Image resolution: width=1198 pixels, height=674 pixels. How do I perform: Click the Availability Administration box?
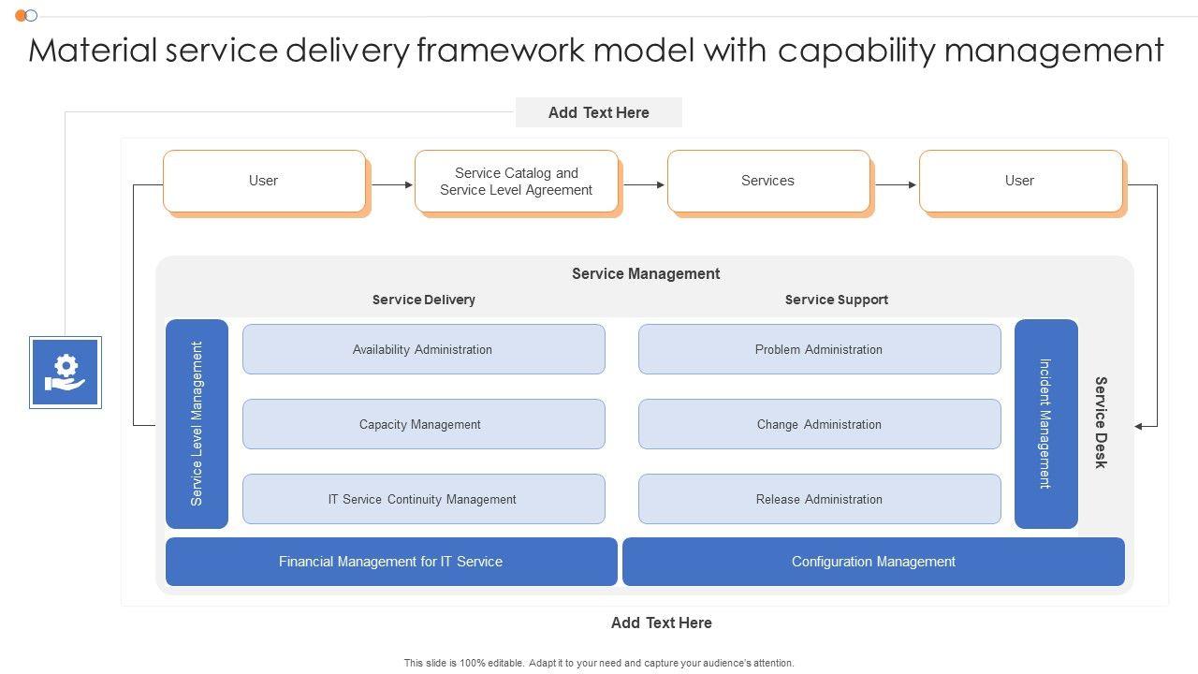pyautogui.click(x=423, y=349)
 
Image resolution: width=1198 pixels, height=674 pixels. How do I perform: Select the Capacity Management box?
pyautogui.click(x=423, y=424)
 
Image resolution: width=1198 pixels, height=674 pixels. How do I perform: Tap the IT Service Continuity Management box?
pyautogui.click(x=423, y=499)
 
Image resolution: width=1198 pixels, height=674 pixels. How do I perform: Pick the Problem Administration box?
pyautogui.click(x=819, y=349)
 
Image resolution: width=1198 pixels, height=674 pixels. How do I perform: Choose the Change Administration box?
pyautogui.click(x=819, y=424)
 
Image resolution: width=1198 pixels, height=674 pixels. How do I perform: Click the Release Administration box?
pyautogui.click(x=819, y=499)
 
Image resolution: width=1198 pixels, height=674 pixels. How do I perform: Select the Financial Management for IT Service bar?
pyautogui.click(x=391, y=562)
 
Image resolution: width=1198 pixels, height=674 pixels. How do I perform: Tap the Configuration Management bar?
pyautogui.click(x=873, y=562)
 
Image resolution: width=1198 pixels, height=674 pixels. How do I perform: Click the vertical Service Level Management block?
pyautogui.click(x=197, y=424)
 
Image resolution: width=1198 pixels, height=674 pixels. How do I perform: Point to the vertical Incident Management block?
pyautogui.click(x=1045, y=424)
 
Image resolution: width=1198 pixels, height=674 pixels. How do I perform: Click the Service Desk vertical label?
pyautogui.click(x=1102, y=422)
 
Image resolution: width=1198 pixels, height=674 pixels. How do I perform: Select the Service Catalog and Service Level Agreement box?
pyautogui.click(x=517, y=182)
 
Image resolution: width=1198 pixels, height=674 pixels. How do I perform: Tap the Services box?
pyautogui.click(x=768, y=181)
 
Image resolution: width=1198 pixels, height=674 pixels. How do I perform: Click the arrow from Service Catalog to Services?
pyautogui.click(x=643, y=185)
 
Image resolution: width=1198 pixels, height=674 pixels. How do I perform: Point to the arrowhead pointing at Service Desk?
pyautogui.click(x=1139, y=426)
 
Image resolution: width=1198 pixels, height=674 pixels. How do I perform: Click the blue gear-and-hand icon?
pyautogui.click(x=66, y=373)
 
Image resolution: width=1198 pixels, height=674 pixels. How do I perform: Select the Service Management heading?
pyautogui.click(x=646, y=274)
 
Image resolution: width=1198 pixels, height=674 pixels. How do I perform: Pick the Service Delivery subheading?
pyautogui.click(x=424, y=300)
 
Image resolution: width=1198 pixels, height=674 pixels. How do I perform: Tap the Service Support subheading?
pyautogui.click(x=837, y=300)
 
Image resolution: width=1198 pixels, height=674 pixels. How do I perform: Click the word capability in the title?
pyautogui.click(x=856, y=51)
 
